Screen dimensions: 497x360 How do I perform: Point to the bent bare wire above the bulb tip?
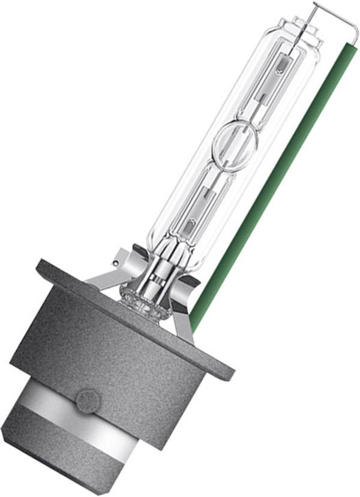coord(333,18)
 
